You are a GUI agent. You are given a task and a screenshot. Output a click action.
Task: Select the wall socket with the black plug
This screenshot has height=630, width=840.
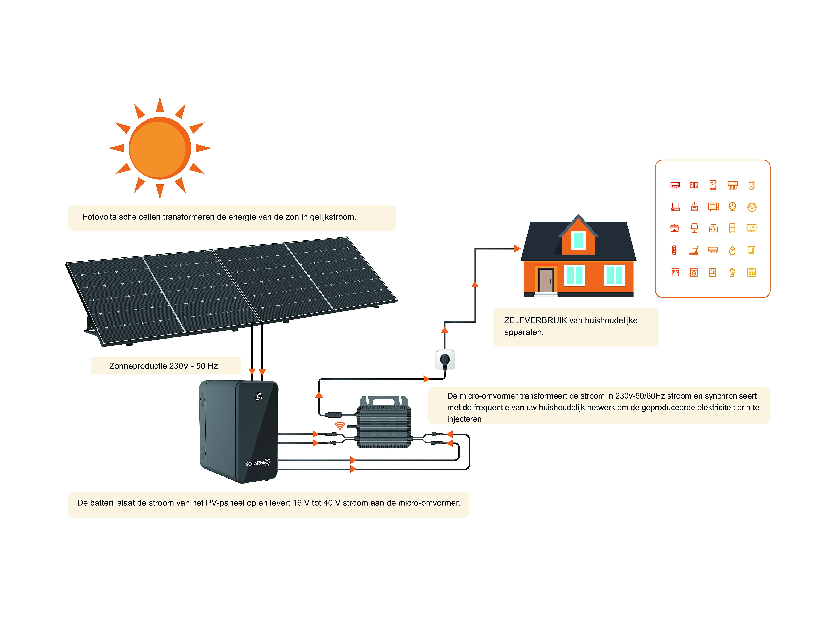tap(445, 359)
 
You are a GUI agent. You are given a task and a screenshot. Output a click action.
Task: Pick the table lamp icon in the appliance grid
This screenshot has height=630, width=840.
tap(694, 228)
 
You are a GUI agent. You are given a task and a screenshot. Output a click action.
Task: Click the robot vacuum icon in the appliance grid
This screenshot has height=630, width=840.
tap(752, 207)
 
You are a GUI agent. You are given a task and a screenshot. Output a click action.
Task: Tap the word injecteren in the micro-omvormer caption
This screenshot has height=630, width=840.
tap(465, 419)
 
